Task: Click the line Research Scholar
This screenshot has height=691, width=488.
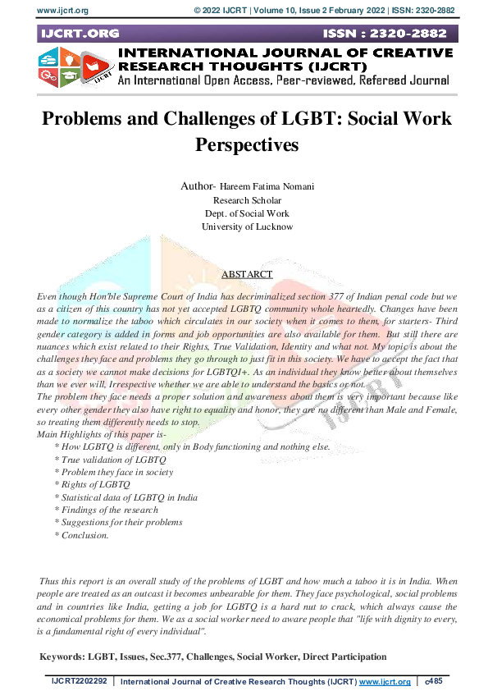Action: [246, 200]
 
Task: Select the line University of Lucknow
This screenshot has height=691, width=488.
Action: [246, 227]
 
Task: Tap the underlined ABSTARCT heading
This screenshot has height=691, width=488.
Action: [247, 275]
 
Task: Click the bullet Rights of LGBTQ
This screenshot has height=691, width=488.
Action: [92, 485]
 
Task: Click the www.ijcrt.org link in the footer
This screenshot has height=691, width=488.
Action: [385, 682]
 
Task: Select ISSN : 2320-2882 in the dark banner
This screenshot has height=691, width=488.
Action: [387, 34]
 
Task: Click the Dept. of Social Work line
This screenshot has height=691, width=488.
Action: [246, 213]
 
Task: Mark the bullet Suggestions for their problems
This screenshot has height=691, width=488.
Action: [118, 523]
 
